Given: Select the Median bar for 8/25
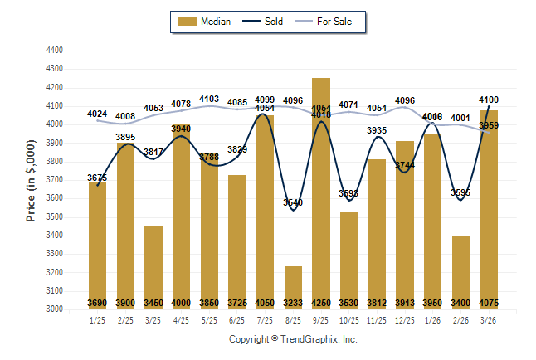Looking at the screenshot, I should pos(293,287).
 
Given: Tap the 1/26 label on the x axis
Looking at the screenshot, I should pos(432,320).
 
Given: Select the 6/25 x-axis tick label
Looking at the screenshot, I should pos(237,320).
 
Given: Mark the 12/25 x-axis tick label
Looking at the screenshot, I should pos(404,320).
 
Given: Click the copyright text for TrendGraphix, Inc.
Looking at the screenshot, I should pos(293,339).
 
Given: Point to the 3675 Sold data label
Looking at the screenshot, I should pos(98,178).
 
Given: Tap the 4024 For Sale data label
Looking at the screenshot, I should pos(98,114).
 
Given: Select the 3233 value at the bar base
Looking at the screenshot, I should pos(293,303).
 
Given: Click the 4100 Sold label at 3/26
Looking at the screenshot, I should pos(489,100).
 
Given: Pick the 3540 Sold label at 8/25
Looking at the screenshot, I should pos(293,202).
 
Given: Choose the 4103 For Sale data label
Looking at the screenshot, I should pos(209,99).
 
